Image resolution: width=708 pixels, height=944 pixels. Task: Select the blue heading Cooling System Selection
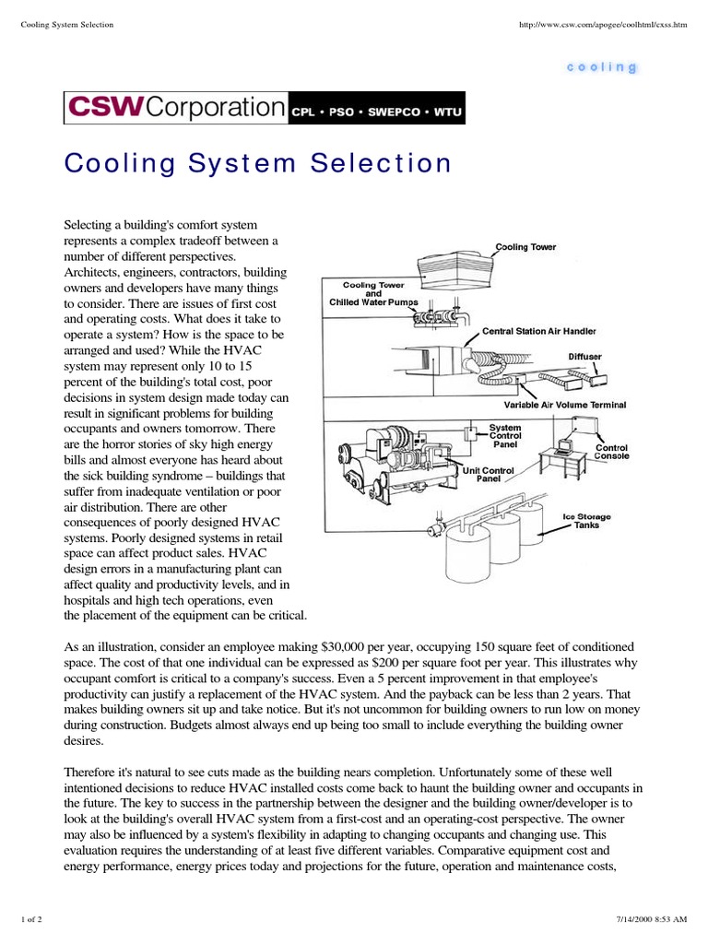[258, 163]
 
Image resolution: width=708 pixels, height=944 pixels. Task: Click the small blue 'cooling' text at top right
[602, 67]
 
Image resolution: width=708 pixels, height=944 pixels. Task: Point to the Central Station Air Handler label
[539, 330]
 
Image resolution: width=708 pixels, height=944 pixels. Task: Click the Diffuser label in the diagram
[585, 355]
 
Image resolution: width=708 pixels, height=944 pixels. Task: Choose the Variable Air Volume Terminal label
[564, 404]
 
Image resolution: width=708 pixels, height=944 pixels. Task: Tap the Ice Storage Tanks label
[586, 522]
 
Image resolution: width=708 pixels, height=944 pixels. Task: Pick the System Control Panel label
[504, 435]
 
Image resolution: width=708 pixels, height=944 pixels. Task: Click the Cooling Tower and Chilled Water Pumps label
[373, 293]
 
